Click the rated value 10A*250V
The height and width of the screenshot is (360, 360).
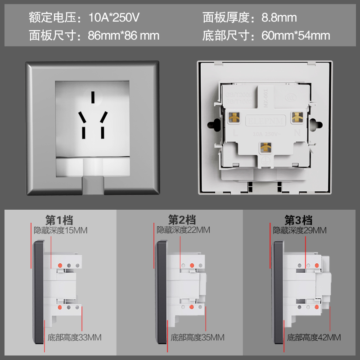tap(114, 18)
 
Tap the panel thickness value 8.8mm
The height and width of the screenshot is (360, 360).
tap(279, 18)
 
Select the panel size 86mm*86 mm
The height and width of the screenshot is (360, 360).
tap(124, 35)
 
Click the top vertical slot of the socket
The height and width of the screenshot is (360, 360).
tap(93, 98)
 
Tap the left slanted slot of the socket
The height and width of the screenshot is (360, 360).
tap(82, 117)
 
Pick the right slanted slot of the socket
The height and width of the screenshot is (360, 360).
tap(103, 117)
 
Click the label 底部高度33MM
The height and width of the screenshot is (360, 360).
tap(75, 337)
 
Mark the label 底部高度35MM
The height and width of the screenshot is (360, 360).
tap(197, 337)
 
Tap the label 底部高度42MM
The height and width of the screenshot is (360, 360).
tap(314, 337)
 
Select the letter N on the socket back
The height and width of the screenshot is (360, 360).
tap(297, 133)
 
